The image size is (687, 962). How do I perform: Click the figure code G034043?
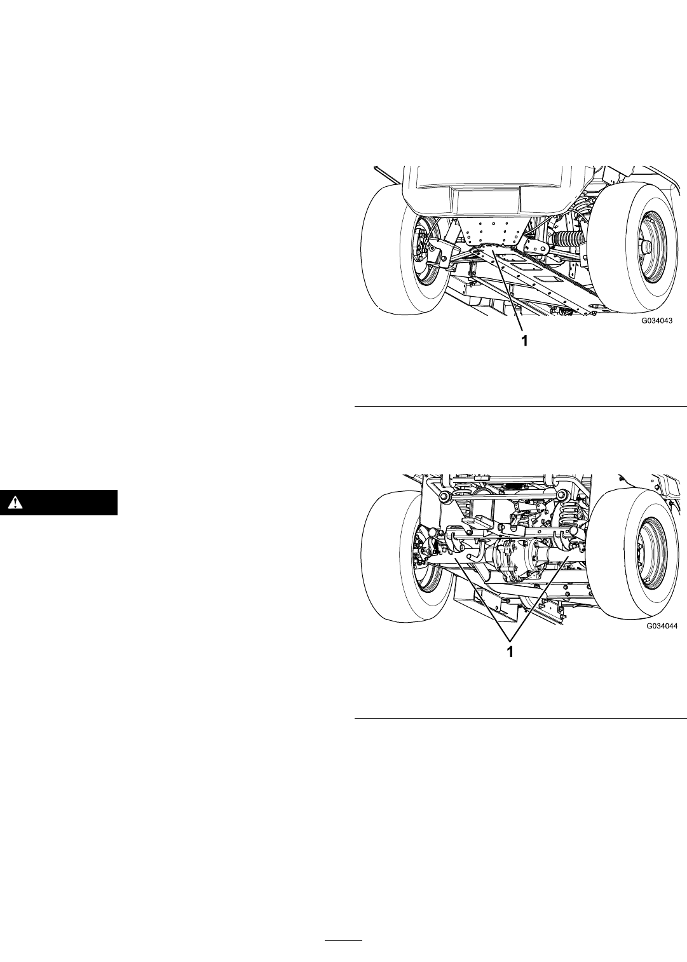coord(657,321)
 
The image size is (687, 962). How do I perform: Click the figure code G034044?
coord(662,626)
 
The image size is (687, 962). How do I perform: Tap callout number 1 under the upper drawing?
coord(524,341)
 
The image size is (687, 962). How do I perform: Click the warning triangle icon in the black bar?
coord(16,502)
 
